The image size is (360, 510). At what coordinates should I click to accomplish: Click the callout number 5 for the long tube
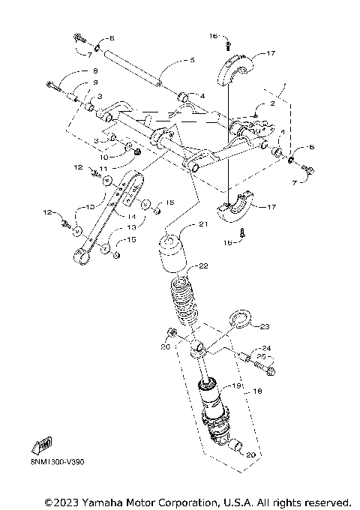[192, 60]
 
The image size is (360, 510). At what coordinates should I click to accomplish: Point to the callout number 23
[265, 326]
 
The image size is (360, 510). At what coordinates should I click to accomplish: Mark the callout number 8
[95, 70]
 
